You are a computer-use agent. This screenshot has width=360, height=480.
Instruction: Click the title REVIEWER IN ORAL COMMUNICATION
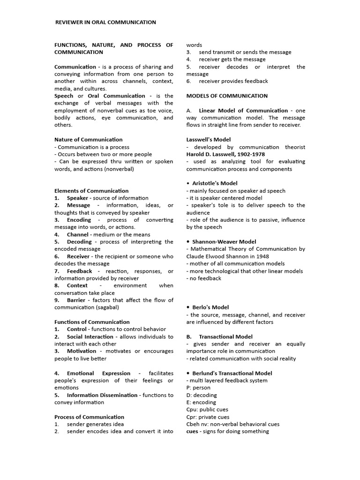pos(106,22)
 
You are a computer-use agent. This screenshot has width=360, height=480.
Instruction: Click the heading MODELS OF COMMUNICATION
pos(227,96)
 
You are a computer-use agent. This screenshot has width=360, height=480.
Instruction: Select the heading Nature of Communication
pos(88,139)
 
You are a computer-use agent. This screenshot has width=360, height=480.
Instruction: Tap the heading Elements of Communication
pos(91,190)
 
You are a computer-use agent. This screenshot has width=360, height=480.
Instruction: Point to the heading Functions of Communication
pos(92,322)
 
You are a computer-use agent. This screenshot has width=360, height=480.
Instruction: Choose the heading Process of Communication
pos(89,417)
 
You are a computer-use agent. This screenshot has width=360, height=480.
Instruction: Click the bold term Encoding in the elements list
pos(79,219)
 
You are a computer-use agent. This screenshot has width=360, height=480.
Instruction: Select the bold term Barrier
pos(78,300)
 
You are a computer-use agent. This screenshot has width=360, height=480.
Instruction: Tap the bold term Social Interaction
pos(90,337)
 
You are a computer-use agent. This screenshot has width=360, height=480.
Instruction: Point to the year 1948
pos(259,256)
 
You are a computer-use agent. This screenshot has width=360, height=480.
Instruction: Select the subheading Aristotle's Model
pos(215,183)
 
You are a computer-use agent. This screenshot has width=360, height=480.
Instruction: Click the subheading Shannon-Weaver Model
pos(224,242)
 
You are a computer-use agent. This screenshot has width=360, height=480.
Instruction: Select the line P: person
pos(198,388)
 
